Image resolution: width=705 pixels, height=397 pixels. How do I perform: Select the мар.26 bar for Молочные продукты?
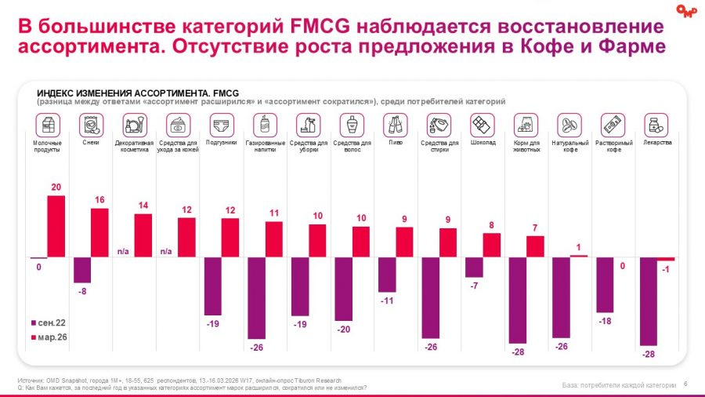click(x=56, y=227)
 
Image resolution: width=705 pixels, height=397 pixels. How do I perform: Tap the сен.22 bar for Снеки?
click(x=82, y=270)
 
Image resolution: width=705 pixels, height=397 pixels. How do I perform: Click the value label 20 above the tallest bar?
click(x=56, y=187)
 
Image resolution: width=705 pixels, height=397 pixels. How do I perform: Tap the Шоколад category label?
click(x=483, y=143)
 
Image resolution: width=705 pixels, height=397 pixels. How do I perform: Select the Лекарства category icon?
click(x=656, y=126)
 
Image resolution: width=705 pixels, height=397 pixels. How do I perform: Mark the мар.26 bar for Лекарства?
click(x=666, y=259)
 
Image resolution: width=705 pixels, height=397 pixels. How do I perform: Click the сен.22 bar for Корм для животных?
click(x=518, y=300)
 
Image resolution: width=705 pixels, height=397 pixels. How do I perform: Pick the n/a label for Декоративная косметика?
click(x=123, y=252)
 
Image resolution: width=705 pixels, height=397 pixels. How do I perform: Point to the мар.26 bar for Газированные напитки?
click(x=274, y=239)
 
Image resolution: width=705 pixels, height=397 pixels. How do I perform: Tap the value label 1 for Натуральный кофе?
click(x=579, y=248)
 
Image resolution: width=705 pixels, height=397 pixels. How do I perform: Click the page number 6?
click(x=685, y=384)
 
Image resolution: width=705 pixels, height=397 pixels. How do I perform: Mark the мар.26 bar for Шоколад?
click(x=491, y=245)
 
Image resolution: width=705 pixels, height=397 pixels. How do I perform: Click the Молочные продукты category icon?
click(x=48, y=126)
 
